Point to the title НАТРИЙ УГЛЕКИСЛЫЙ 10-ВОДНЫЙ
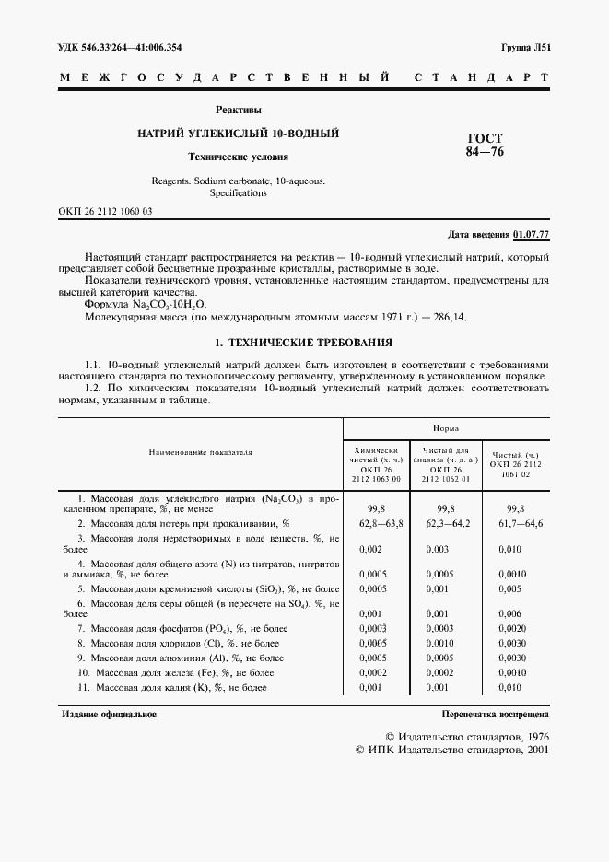point(238,134)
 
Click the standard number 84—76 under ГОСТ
point(485,152)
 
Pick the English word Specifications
point(238,193)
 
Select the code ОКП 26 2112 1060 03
point(106,212)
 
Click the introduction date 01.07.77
point(531,235)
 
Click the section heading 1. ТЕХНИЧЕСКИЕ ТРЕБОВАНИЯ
point(304,343)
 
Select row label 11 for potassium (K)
point(83,687)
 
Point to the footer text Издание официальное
point(109,714)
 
